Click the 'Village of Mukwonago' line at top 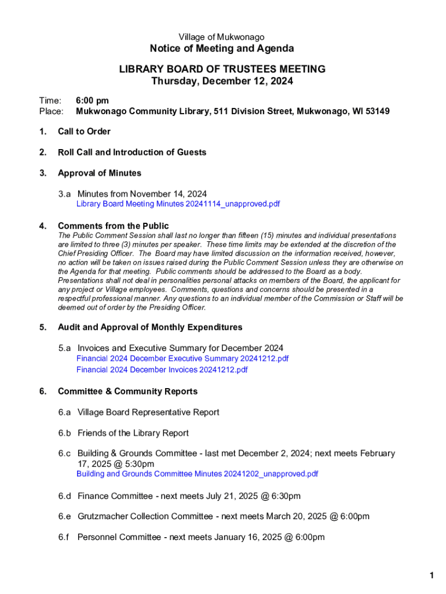222,37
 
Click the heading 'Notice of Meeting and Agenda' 222,49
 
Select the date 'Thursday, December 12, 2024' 222,81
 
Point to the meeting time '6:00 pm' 93,101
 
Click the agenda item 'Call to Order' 84,132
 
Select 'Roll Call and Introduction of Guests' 132,153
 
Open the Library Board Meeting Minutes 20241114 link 178,204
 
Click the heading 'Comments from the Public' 114,226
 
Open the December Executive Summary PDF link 182,358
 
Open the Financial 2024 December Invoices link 162,370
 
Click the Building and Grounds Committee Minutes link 197,474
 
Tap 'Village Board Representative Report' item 148,412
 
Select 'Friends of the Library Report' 133,433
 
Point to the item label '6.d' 64,496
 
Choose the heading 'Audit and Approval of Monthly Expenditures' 150,328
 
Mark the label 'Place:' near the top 51,111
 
